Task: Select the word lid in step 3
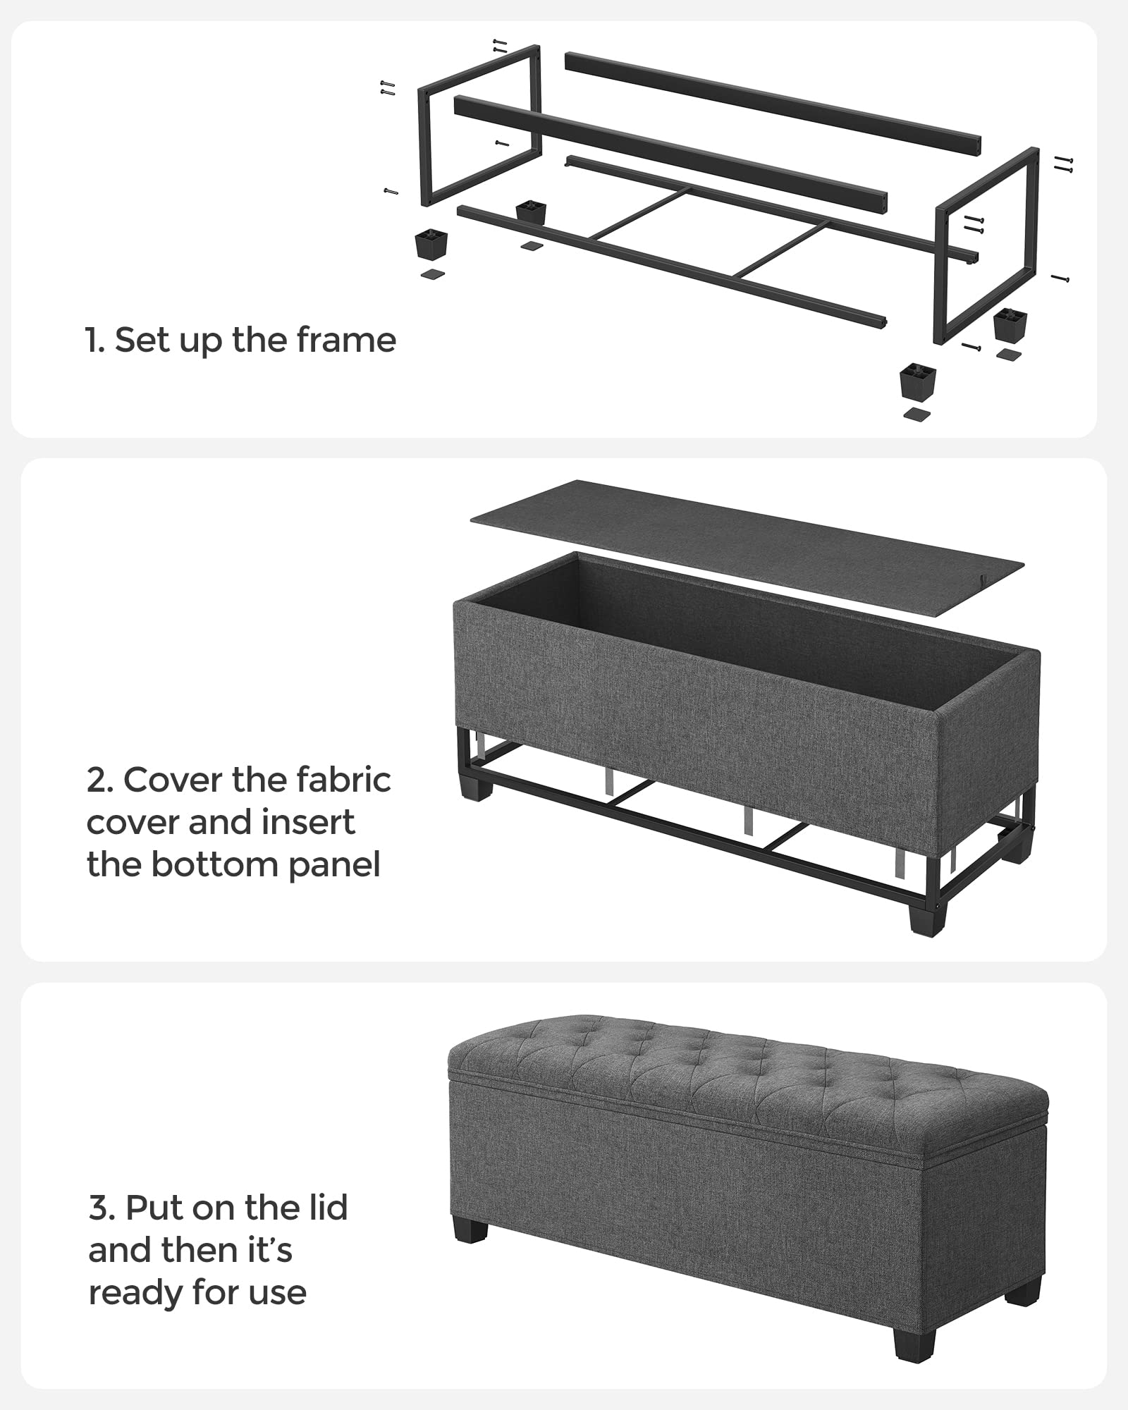323,1208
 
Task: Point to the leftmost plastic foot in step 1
429,244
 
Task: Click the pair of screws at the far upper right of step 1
1063,164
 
